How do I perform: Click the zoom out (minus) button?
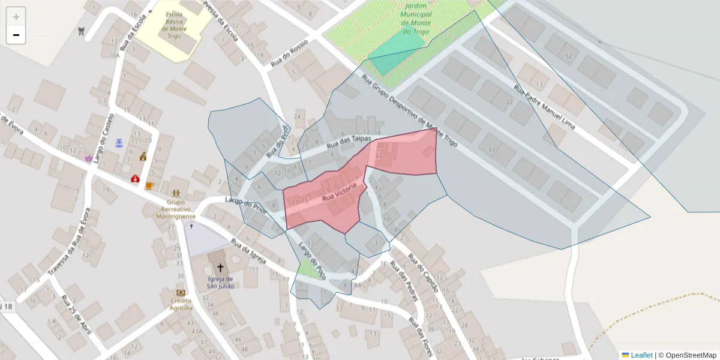coord(16,35)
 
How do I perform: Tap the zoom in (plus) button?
coord(16,17)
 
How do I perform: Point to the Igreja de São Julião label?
coord(220,282)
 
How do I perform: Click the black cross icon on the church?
coord(220,268)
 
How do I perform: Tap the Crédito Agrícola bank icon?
coord(181,293)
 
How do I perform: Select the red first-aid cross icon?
coord(136,179)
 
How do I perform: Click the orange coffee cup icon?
coord(149,185)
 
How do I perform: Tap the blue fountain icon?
coord(119,143)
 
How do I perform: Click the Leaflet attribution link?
coord(641,355)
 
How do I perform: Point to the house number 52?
coord(568,56)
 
